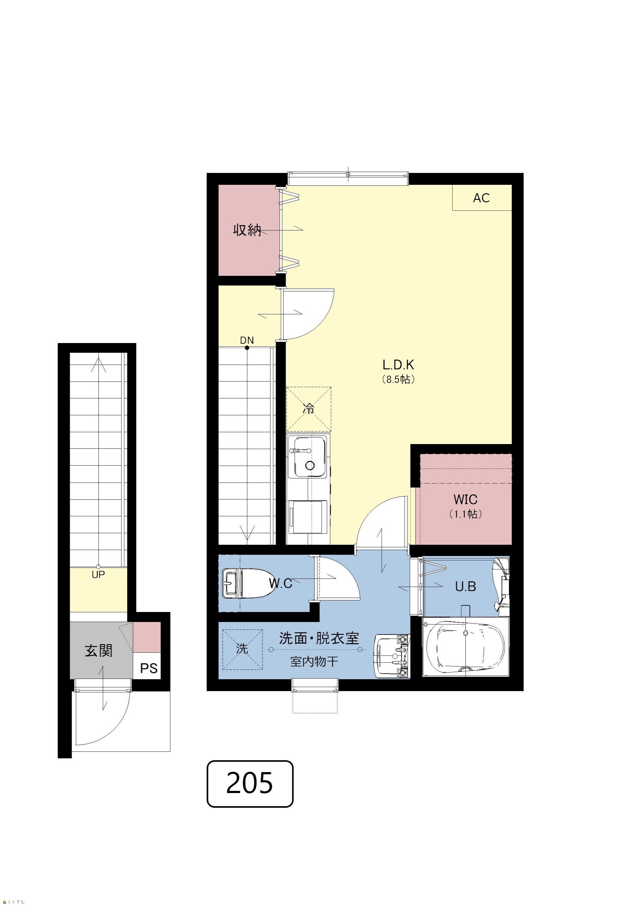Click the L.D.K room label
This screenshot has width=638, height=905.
398,365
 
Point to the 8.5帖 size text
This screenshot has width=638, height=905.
398,379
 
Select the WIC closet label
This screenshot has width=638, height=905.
465,499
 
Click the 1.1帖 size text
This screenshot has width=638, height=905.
466,514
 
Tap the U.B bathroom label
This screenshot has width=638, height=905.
466,587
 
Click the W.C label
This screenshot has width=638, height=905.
281,583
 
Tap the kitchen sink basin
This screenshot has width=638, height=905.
310,457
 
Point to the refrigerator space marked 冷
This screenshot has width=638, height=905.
309,409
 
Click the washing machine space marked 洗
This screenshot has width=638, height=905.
242,649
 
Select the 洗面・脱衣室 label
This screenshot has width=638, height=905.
319,638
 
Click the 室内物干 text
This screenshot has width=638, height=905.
314,661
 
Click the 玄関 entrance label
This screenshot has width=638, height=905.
99,651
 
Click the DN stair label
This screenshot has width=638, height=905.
247,340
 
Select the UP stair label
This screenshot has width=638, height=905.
98,575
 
